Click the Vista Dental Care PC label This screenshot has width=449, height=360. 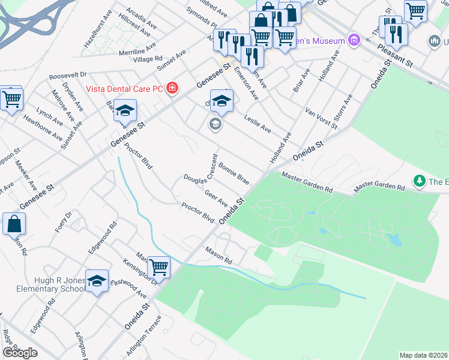124,89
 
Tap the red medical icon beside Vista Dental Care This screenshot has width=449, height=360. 173,89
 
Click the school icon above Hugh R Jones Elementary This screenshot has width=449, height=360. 97,281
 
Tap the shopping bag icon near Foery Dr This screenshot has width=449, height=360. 14,224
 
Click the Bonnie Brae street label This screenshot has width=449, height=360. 234,172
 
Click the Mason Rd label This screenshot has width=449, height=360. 218,256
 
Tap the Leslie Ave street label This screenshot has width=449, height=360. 258,124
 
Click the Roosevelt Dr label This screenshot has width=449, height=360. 68,76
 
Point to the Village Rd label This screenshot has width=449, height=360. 148,59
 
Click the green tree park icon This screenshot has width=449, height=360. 419,180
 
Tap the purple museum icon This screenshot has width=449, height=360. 354,41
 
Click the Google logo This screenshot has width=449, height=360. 20,353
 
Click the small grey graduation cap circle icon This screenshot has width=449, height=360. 214,124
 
